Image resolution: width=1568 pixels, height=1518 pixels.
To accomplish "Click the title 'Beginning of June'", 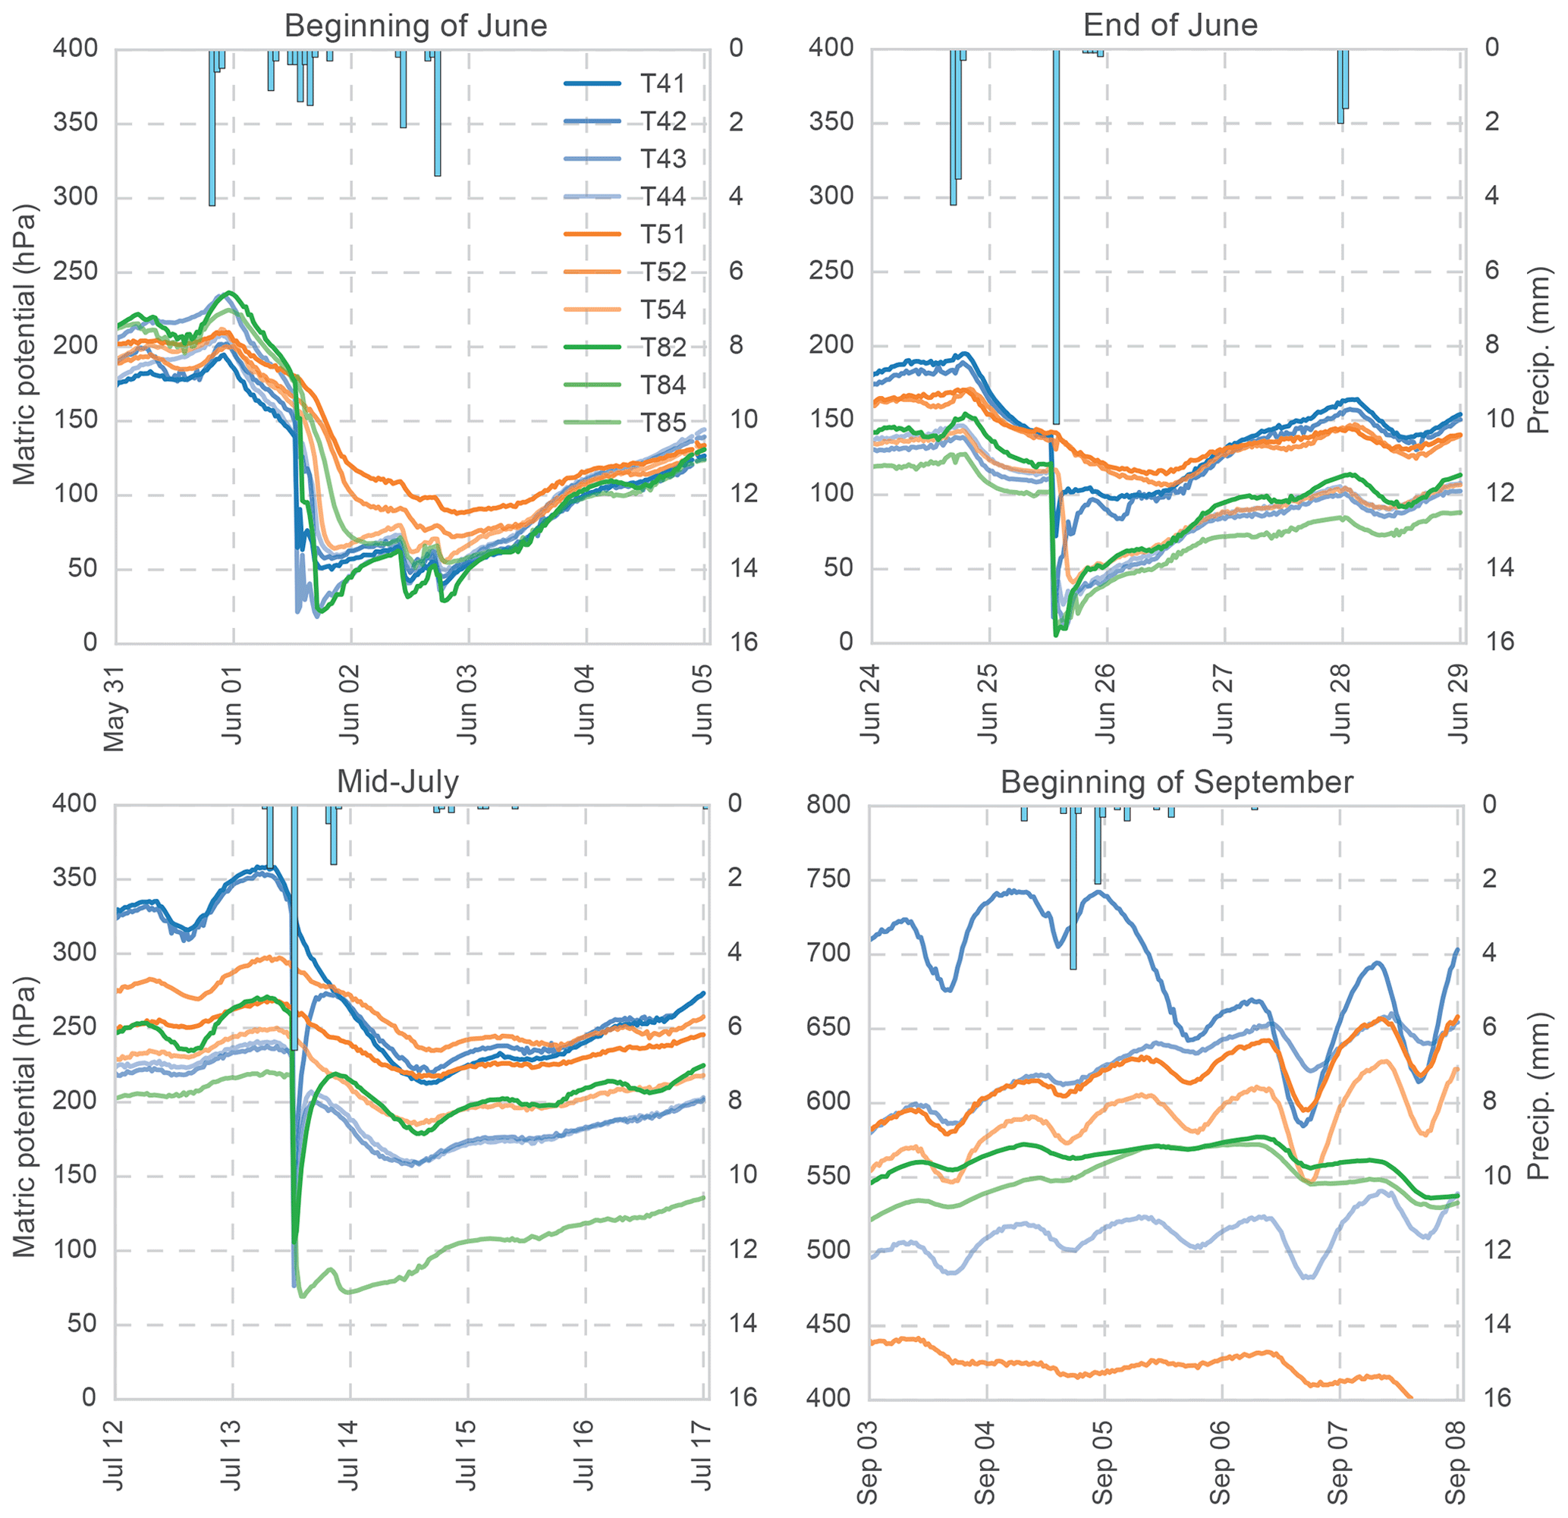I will click(x=415, y=26).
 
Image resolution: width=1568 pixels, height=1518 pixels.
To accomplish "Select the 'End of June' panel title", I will click(x=1170, y=26).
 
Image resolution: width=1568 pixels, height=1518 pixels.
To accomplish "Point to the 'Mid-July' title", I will click(x=397, y=781).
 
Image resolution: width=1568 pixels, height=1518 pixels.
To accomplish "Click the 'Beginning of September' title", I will click(x=1176, y=781).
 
